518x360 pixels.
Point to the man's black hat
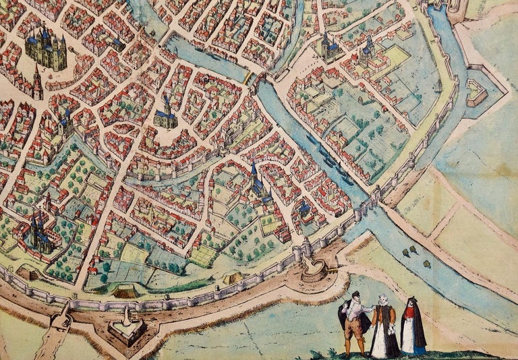[x=355, y=295]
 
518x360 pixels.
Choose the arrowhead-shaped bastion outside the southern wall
[x=127, y=328]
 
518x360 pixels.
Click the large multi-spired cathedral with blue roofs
[x=47, y=49]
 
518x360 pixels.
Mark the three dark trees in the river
[x=409, y=251]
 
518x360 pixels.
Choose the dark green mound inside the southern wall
[x=125, y=292]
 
